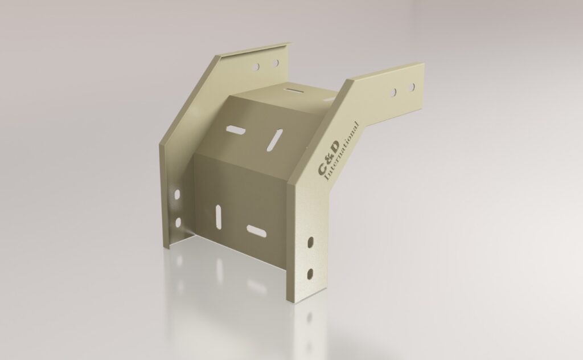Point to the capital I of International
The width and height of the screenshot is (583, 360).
pos(327,180)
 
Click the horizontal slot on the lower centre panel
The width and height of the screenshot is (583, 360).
pos(256,231)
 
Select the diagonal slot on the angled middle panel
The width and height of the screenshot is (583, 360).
pos(276,138)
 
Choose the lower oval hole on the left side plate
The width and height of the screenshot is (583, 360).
pos(178,221)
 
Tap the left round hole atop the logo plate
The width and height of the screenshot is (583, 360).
pos(393,91)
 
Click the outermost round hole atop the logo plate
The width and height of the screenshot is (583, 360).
pos(410,87)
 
